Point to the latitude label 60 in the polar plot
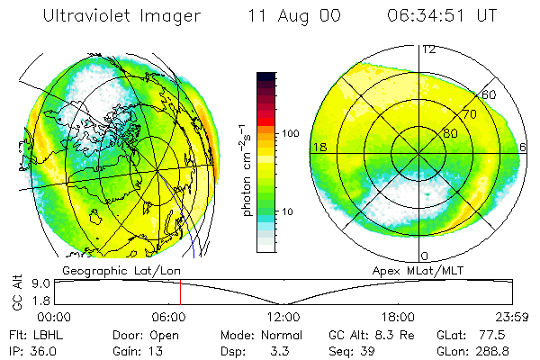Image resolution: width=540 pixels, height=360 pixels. click(490, 95)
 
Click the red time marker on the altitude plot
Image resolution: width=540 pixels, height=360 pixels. click(180, 292)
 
